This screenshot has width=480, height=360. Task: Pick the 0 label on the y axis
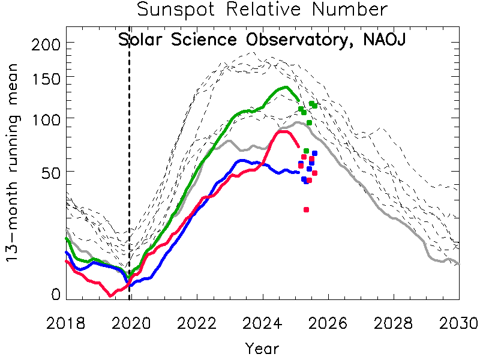click(x=56, y=294)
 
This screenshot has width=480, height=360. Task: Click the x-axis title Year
click(x=262, y=347)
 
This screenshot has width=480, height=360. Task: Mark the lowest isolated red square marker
click(x=306, y=209)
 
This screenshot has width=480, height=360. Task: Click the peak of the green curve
click(x=284, y=88)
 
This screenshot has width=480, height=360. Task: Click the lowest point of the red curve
click(x=110, y=295)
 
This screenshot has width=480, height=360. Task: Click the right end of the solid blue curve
click(x=298, y=173)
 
